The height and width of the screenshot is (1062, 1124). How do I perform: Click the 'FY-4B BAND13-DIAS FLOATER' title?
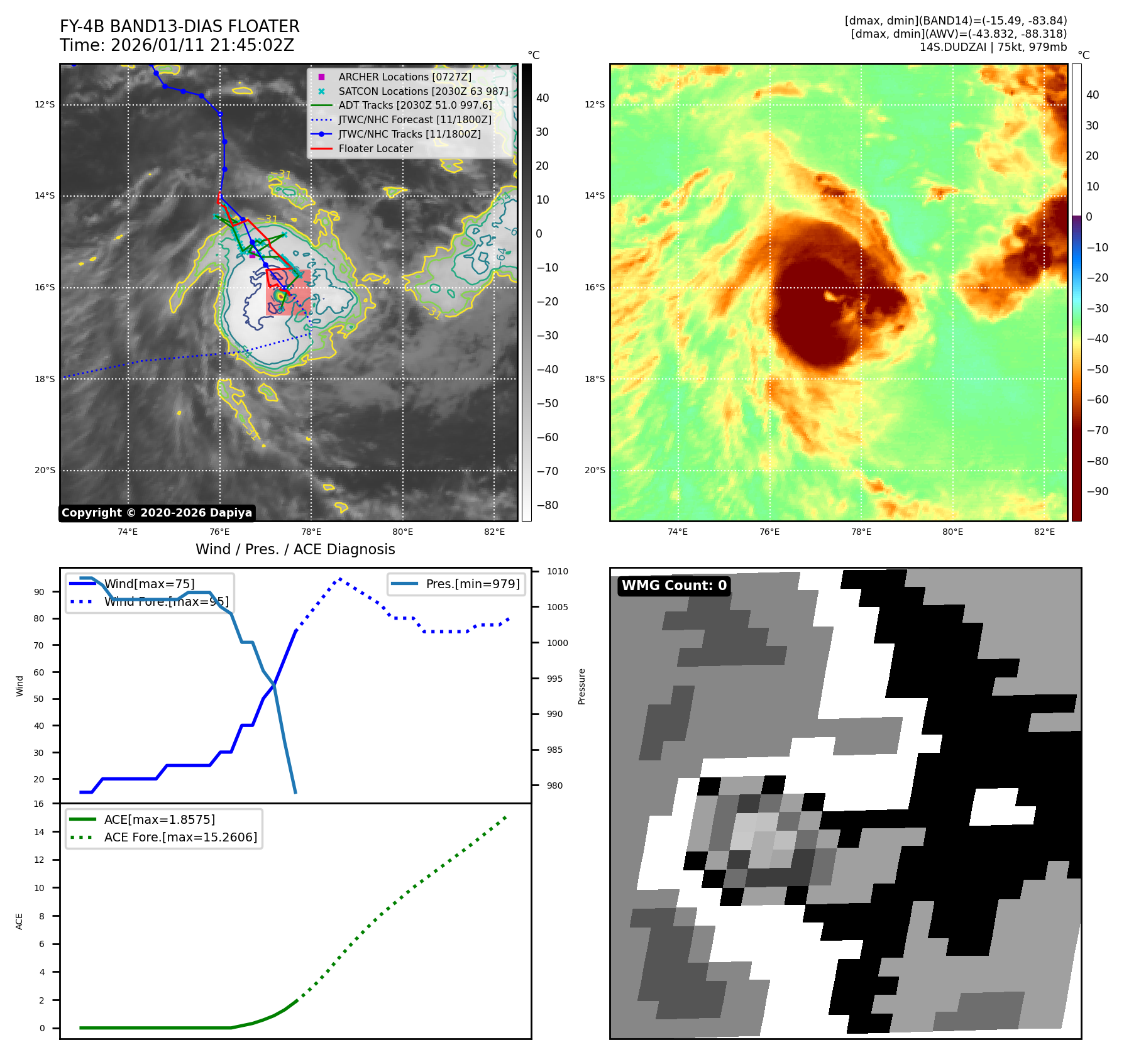tap(179, 26)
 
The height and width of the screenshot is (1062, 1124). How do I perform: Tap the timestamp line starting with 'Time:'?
tap(177, 45)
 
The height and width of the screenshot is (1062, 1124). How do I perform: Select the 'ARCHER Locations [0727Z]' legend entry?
tap(404, 77)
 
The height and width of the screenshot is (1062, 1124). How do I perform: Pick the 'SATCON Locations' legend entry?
tap(422, 91)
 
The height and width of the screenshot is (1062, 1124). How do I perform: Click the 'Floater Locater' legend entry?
tap(375, 148)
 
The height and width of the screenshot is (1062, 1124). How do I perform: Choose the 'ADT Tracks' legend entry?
tap(415, 105)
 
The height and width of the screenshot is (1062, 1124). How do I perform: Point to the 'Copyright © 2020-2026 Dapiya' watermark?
tap(157, 513)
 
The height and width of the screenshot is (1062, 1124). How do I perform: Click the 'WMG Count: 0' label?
tap(674, 586)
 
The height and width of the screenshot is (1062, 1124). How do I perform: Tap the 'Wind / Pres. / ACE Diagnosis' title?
tap(295, 549)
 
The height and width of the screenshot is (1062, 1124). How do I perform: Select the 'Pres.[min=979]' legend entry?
tap(472, 584)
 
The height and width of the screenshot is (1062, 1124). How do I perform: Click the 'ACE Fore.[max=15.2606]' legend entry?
tap(180, 837)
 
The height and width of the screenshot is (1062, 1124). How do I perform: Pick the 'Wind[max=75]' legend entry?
tap(149, 584)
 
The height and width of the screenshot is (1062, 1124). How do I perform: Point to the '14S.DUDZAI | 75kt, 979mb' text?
tap(993, 47)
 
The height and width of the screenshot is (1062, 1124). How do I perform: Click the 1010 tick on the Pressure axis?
tap(557, 571)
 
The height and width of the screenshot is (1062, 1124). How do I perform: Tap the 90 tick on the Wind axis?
tap(39, 592)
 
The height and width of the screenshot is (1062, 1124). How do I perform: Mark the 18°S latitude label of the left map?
tap(45, 379)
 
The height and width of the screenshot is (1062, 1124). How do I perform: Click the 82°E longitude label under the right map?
tap(1044, 532)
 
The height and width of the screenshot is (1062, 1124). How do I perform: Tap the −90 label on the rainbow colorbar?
tap(1097, 491)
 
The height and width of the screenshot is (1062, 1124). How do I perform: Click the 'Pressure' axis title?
tap(581, 686)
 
